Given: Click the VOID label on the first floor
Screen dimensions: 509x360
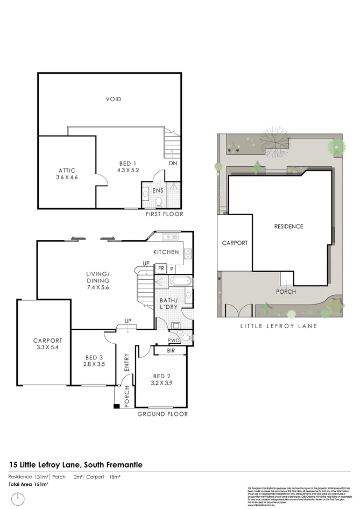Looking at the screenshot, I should pos(113,99).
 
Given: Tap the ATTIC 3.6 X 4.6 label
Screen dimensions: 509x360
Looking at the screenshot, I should pos(67,173).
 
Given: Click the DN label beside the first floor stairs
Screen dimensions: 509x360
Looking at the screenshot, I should pos(173,163).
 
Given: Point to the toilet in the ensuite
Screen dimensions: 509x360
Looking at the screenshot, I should pos(158,202).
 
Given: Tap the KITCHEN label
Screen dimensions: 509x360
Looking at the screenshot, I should pos(166,252).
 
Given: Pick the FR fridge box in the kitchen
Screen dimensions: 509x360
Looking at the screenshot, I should pos(160,268).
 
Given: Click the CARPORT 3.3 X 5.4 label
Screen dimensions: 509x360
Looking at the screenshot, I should pos(47,344).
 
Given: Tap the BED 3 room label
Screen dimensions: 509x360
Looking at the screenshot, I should pos(94,361).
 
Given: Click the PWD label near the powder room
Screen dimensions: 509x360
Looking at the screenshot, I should pos(173,340).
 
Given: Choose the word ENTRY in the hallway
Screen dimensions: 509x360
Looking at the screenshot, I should pos(127,363).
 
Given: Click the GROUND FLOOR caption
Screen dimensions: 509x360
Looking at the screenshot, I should pos(163,414).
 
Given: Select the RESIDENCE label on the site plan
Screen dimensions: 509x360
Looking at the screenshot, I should pos(288,227).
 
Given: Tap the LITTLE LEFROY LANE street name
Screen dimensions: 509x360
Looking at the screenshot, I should pos(278,327).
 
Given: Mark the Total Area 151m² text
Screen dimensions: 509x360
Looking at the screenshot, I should pos(29,485).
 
